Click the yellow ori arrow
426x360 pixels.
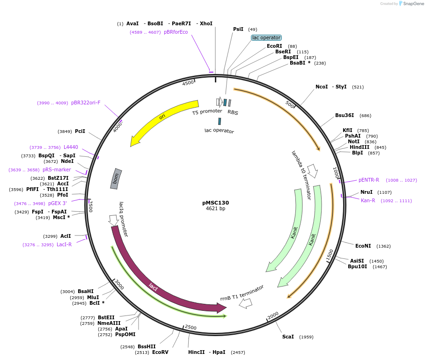pyautogui.click(x=162, y=117)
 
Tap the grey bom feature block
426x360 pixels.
pyautogui.click(x=116, y=179)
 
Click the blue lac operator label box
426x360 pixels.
pyautogui.click(x=266, y=37)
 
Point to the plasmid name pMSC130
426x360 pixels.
pyautogui.click(x=215, y=203)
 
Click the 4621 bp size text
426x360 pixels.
pyautogui.click(x=215, y=209)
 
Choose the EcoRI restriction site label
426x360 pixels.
pyautogui.click(x=274, y=46)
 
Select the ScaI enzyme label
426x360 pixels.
pyautogui.click(x=288, y=337)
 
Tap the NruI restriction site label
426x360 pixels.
pyautogui.click(x=367, y=192)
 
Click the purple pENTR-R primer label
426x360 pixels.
pyautogui.click(x=369, y=180)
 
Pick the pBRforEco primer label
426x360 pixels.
pyautogui.click(x=176, y=32)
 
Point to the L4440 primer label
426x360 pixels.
pyautogui.click(x=71, y=147)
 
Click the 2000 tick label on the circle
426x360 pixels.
pyautogui.click(x=273, y=315)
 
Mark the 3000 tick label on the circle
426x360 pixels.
pyautogui.click(x=119, y=285)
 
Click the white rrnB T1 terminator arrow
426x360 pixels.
pyautogui.click(x=245, y=303)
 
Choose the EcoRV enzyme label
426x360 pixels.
pyautogui.click(x=160, y=352)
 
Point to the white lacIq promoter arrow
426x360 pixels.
pyautogui.click(x=113, y=219)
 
